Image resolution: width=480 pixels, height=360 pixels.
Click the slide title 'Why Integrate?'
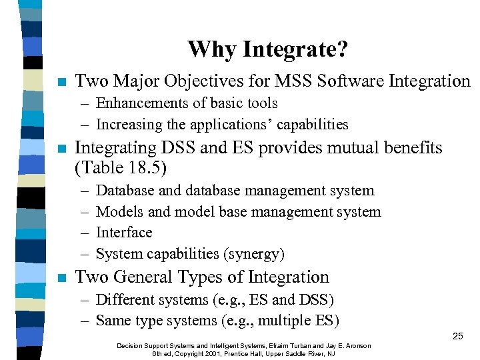click(267, 49)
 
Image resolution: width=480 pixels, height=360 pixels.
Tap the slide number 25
click(457, 336)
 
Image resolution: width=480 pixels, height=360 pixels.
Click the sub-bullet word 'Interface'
click(124, 233)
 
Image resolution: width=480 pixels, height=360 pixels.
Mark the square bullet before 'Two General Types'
click(61, 278)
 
